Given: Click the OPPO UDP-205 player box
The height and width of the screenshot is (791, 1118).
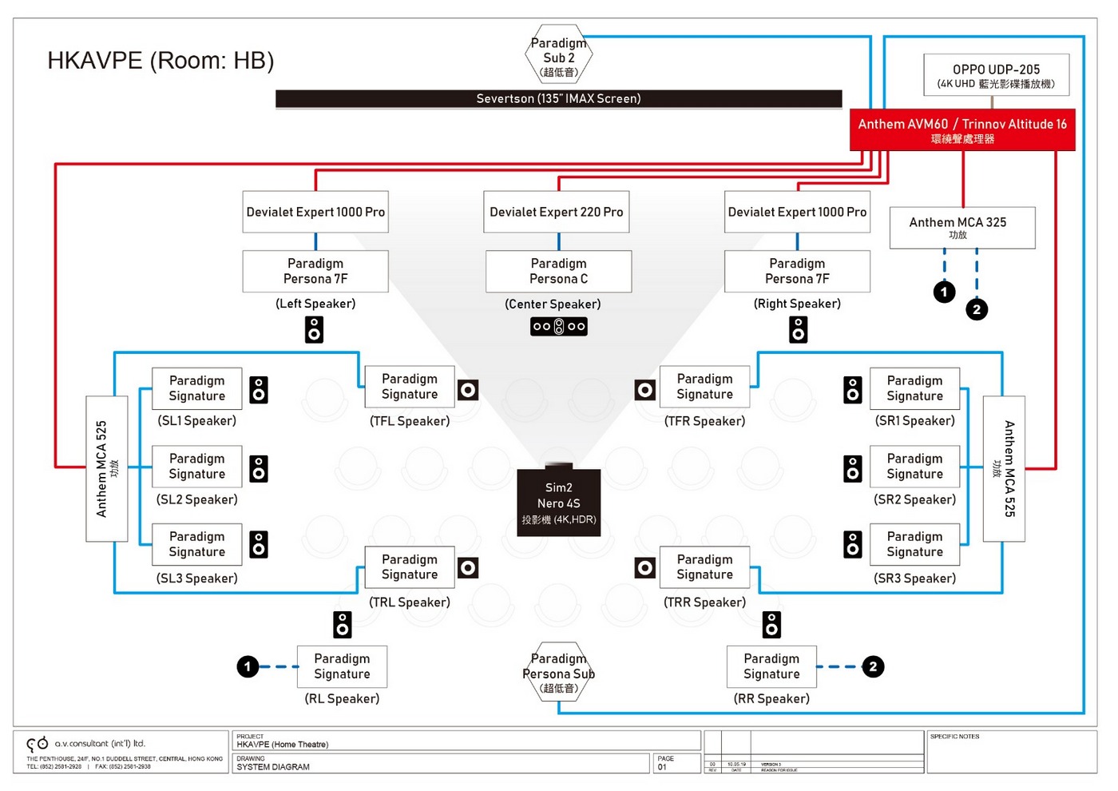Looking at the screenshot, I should [996, 75].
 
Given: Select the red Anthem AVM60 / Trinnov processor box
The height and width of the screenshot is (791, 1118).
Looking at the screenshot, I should [962, 130].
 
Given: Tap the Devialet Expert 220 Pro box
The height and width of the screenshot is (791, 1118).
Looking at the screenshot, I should [557, 212].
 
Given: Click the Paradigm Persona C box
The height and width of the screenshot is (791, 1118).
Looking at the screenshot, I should [558, 271].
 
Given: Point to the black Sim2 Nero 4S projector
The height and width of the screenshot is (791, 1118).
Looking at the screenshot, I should [558, 502].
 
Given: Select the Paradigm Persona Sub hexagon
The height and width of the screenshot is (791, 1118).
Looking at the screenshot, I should [559, 672].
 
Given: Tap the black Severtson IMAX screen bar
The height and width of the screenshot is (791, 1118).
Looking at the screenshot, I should [558, 98].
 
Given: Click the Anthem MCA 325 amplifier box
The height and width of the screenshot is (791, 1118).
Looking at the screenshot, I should [962, 228].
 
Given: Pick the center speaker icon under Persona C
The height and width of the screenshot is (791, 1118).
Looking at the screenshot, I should [559, 326].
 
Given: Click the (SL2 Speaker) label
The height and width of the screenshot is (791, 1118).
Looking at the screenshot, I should [196, 499].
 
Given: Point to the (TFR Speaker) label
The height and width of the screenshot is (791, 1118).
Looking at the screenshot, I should [704, 421].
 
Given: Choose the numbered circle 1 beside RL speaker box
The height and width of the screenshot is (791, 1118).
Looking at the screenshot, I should [248, 666].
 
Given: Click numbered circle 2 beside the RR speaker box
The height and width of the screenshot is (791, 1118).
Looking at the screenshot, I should [873, 666].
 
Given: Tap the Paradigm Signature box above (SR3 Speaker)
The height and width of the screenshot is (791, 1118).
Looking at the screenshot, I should [914, 544].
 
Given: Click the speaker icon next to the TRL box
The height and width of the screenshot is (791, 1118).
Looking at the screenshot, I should [468, 567].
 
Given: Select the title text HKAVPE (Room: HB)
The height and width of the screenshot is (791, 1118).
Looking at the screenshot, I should [161, 61].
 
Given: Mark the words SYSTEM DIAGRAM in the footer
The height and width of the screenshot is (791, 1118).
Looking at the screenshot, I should [273, 767].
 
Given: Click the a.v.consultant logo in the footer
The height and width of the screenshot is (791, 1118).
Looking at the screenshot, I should [38, 743].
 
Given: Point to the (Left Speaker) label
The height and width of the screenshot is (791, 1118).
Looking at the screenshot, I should [315, 304].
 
